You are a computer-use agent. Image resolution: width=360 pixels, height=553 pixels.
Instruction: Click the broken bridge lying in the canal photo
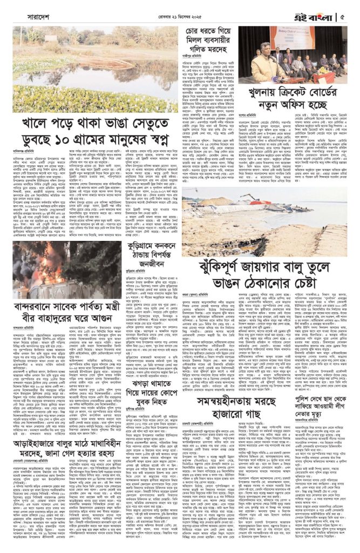(x=65, y=81)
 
